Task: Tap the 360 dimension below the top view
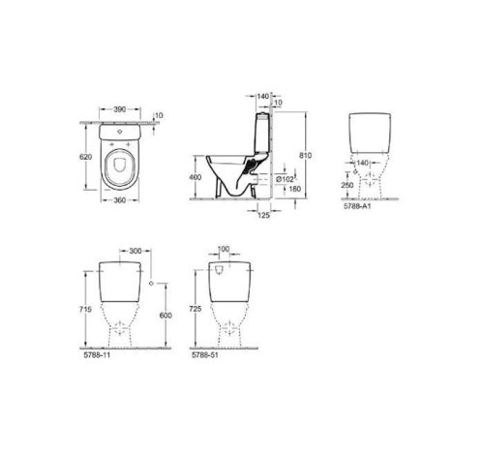119,200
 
